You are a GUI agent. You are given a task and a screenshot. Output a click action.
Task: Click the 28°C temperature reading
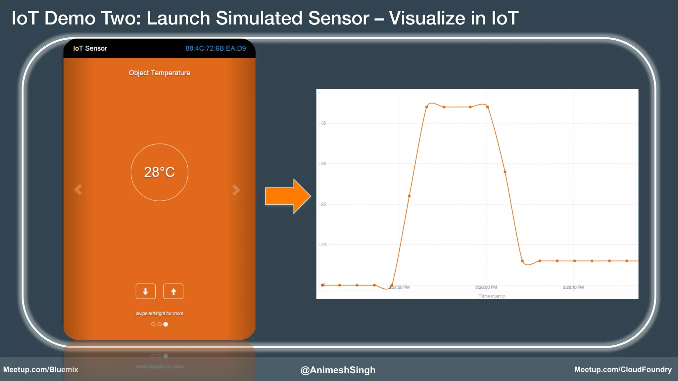pyautogui.click(x=159, y=172)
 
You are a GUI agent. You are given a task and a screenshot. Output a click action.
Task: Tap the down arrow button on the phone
pyautogui.click(x=146, y=291)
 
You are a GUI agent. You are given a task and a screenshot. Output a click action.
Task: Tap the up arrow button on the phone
pyautogui.click(x=173, y=291)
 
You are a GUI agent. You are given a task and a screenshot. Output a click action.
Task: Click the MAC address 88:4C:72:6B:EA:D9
pyautogui.click(x=216, y=48)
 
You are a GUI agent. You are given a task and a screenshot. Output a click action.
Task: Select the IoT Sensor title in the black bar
pyautogui.click(x=90, y=48)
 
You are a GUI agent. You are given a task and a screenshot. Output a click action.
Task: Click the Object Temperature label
pyautogui.click(x=159, y=73)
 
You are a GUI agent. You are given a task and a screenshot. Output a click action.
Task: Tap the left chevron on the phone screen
pyautogui.click(x=78, y=190)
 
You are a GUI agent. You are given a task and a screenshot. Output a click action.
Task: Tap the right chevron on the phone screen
pyautogui.click(x=236, y=190)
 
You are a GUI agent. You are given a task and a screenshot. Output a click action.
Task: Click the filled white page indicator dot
pyautogui.click(x=166, y=324)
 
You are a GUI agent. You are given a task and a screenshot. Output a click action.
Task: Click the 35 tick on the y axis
pyautogui.click(x=323, y=123)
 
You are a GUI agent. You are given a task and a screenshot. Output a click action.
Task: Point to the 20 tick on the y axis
pyautogui.click(x=323, y=245)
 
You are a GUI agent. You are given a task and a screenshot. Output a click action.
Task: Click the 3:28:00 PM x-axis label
pyautogui.click(x=486, y=287)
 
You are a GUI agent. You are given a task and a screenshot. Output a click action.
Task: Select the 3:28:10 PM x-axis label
pyautogui.click(x=573, y=287)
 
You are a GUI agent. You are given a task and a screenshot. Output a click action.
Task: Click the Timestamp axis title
pyautogui.click(x=492, y=296)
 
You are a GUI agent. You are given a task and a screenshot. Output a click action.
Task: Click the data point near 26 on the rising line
pyautogui.click(x=409, y=196)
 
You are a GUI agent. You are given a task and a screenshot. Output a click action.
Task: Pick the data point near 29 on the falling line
pyautogui.click(x=505, y=172)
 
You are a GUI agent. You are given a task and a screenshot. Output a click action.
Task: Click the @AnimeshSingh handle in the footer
pyautogui.click(x=338, y=370)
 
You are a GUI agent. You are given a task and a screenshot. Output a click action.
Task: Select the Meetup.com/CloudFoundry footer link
pyautogui.click(x=623, y=369)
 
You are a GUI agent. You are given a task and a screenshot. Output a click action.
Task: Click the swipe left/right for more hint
pyautogui.click(x=159, y=313)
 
